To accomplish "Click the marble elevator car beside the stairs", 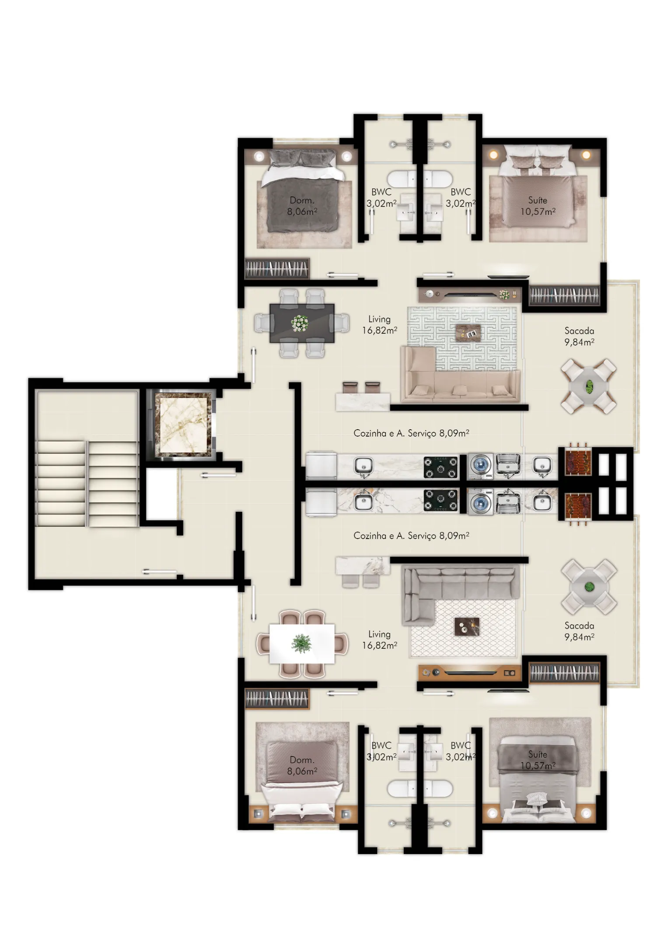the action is tap(181, 423).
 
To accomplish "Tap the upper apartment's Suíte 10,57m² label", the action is tap(538, 206).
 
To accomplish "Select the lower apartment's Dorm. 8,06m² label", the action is tap(302, 765).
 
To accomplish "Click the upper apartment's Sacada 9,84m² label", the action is tap(579, 336).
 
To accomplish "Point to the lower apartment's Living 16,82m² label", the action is tap(379, 639).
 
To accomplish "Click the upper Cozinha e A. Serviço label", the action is tap(411, 433).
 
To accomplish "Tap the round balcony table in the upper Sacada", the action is tap(589, 386).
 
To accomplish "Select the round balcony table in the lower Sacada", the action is tap(589, 587).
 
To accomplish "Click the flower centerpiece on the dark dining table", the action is tap(300, 323).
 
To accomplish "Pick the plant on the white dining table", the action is tap(302, 644).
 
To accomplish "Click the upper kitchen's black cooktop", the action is tap(441, 467).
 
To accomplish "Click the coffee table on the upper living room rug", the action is tap(468, 332).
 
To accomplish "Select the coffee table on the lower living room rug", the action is tap(467, 626).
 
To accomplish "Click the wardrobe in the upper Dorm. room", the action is tap(277, 269).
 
